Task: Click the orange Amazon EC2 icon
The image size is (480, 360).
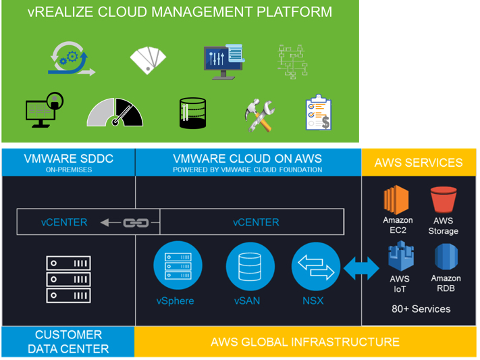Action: [397, 199]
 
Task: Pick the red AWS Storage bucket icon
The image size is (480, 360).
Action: [443, 199]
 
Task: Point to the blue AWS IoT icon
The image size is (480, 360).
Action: [400, 257]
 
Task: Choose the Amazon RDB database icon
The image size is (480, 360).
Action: [446, 257]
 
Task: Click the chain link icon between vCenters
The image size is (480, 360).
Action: [136, 222]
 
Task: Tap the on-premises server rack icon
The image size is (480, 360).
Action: [68, 278]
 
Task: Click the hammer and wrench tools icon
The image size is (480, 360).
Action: [259, 115]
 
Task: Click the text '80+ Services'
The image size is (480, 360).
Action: [421, 309]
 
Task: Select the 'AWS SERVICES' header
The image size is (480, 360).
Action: [419, 163]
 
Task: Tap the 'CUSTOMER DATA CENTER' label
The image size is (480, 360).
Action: [68, 342]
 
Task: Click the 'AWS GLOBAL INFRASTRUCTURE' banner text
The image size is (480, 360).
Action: [304, 342]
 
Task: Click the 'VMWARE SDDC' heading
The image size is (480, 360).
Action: [68, 159]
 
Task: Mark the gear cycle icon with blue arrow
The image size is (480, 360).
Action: [70, 59]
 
